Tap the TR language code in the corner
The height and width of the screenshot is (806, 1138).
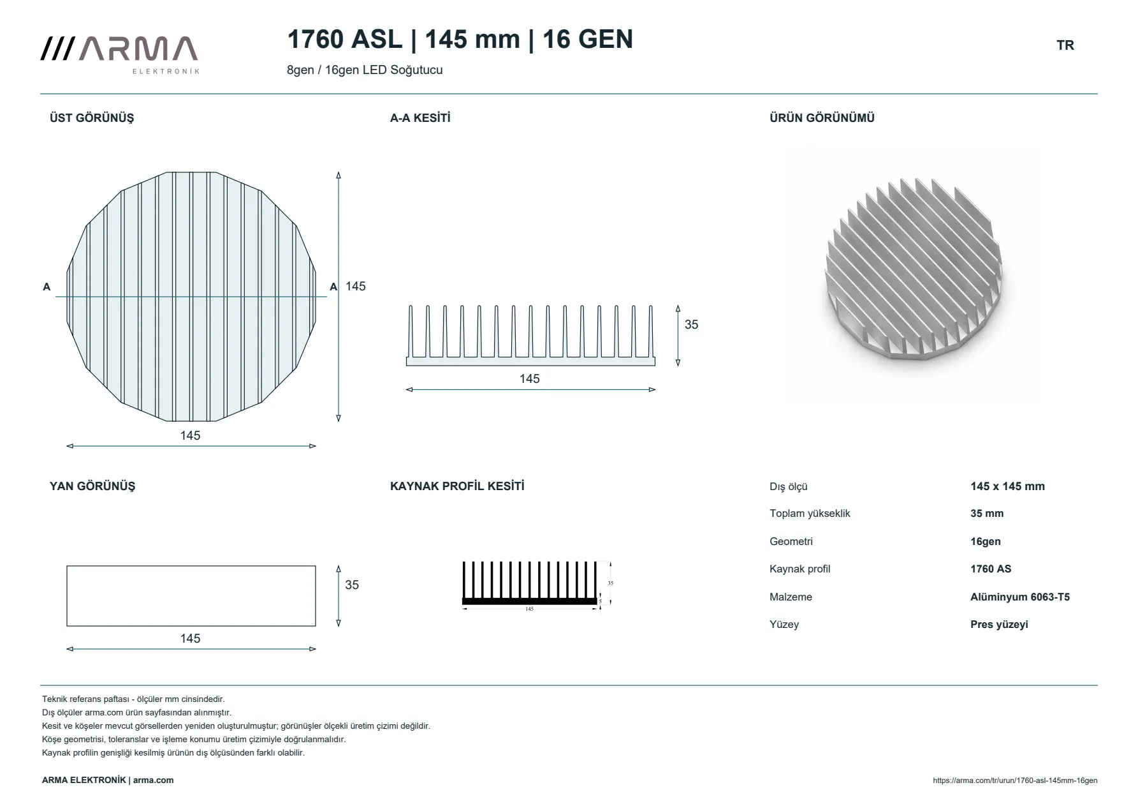pos(1065,45)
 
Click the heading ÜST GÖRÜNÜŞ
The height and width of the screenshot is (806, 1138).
pos(92,118)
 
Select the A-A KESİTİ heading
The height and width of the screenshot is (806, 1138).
pos(420,118)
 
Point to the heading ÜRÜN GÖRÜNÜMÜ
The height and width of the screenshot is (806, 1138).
pos(822,118)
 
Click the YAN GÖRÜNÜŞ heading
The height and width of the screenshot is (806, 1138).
pos(92,486)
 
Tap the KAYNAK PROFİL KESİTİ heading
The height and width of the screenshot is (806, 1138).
pos(457,486)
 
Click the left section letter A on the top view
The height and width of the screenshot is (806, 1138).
pos(47,287)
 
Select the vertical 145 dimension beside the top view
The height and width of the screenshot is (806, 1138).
pos(356,286)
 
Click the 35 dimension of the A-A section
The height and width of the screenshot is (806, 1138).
pos(691,324)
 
